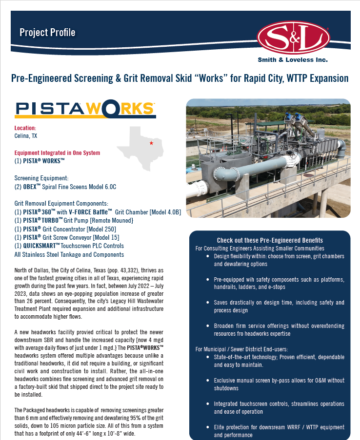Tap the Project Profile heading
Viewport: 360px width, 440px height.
tap(47, 33)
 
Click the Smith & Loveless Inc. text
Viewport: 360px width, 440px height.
tap(293, 60)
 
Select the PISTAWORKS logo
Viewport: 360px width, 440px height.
tap(85, 109)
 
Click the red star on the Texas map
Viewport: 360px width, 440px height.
tap(151, 143)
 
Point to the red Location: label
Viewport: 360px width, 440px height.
tap(25, 128)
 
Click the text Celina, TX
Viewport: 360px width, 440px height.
tap(26, 136)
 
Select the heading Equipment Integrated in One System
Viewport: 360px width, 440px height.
tap(57, 153)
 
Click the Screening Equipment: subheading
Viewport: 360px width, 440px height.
tap(41, 178)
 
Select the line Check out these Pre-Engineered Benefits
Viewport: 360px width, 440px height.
tap(270, 240)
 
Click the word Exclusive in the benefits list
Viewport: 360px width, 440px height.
tap(226, 381)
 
